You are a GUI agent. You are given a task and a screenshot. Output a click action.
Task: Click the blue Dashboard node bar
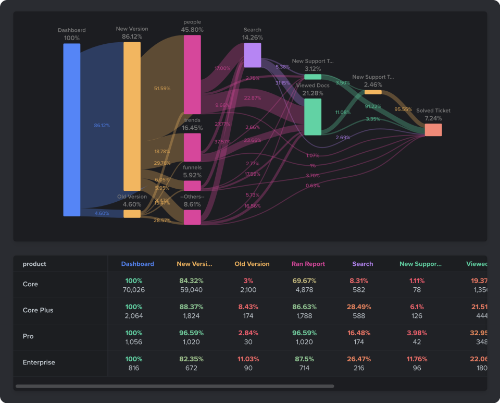72,129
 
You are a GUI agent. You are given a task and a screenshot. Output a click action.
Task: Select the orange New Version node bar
132,116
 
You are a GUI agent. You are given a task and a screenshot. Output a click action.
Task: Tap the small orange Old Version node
132,214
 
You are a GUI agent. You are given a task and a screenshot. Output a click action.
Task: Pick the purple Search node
253,55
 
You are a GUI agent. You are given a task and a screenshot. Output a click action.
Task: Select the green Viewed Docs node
312,117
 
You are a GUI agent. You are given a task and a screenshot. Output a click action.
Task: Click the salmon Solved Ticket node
433,130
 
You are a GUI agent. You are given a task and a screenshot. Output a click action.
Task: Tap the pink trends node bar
192,147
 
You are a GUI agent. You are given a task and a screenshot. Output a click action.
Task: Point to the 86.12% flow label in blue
102,126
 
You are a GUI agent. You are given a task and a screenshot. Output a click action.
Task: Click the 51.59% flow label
162,89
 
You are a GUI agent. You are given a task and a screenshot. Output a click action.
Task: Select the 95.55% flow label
403,109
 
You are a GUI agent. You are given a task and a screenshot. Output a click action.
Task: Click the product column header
34,264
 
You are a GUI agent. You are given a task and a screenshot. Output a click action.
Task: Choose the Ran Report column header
308,264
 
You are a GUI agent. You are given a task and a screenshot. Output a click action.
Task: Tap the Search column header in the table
362,264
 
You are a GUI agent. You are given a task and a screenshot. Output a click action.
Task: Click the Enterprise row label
39,362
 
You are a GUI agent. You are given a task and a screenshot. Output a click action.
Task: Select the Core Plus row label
38,310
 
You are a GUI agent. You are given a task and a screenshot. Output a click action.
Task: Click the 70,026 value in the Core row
137,290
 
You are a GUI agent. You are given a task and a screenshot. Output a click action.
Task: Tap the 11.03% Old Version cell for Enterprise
252,359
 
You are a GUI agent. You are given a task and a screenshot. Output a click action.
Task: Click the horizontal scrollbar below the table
174,386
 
